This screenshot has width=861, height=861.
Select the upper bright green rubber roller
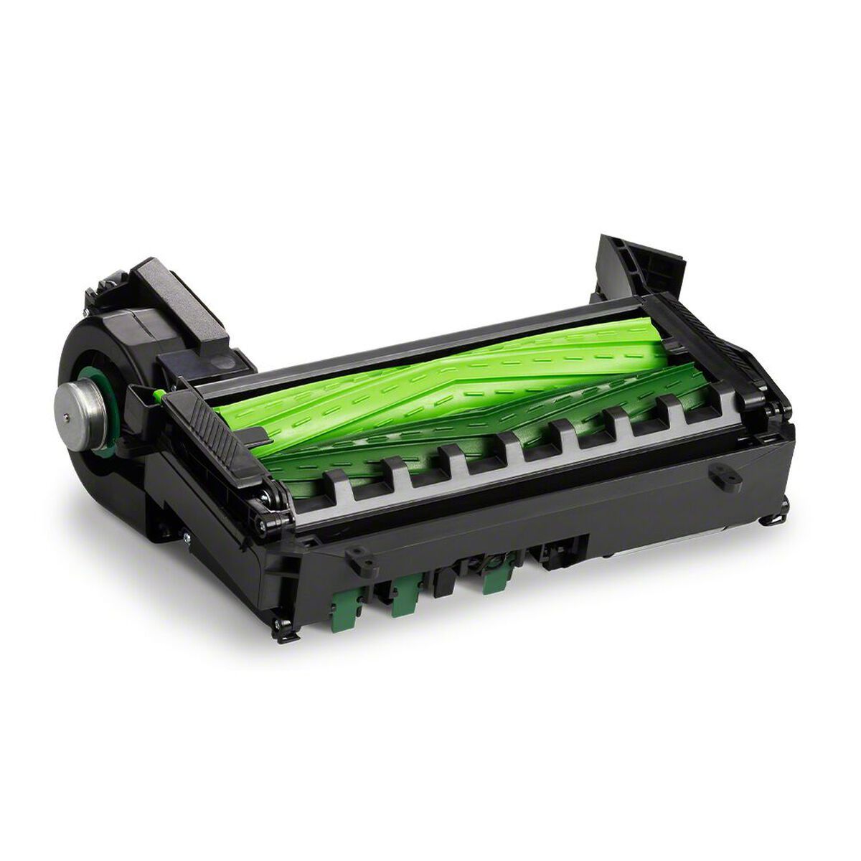point(430,380)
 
